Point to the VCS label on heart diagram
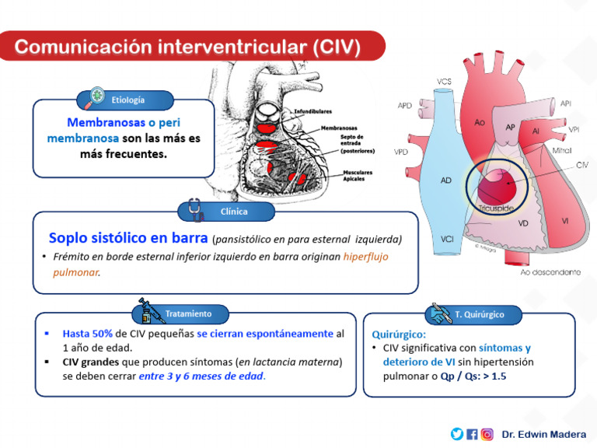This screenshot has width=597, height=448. (444, 82)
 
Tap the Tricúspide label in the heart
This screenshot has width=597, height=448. (495, 208)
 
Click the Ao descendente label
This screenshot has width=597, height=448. (549, 272)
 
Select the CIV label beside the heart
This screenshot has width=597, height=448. (582, 166)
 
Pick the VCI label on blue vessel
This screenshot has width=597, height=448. (446, 239)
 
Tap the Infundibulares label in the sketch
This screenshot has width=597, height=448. (312, 112)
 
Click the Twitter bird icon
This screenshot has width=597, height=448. (456, 434)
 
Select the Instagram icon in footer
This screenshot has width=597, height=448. (487, 434)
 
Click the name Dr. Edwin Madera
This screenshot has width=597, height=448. (543, 434)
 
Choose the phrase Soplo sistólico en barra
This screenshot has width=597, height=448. (128, 237)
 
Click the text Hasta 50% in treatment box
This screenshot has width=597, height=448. (88, 333)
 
